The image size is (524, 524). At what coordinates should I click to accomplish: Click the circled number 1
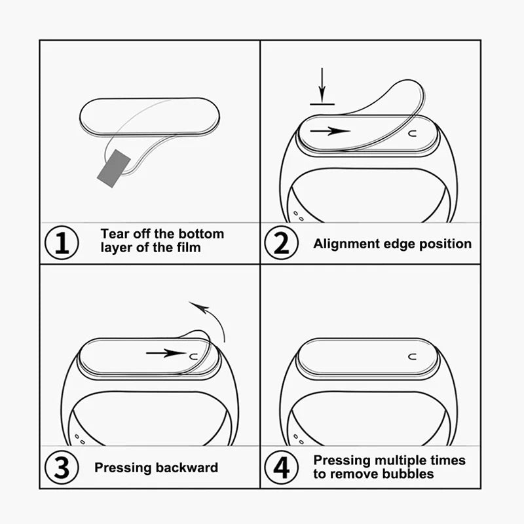click(62, 243)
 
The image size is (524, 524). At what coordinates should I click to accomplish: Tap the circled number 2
click(280, 243)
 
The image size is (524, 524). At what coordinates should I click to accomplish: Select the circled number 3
click(62, 467)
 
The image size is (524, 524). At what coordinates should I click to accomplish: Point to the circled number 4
click(280, 467)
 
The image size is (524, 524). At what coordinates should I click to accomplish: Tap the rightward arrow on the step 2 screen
click(330, 131)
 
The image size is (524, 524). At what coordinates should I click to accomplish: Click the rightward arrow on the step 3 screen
click(166, 353)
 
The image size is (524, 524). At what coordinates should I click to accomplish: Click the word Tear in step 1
click(115, 234)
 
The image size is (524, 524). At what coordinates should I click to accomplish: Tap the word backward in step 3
click(187, 468)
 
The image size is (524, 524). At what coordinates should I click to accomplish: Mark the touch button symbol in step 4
click(412, 356)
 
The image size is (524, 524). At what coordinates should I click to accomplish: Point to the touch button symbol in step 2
click(412, 134)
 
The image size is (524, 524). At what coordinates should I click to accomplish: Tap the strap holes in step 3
click(80, 438)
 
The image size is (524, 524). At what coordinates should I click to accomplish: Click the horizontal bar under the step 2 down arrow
click(322, 103)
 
